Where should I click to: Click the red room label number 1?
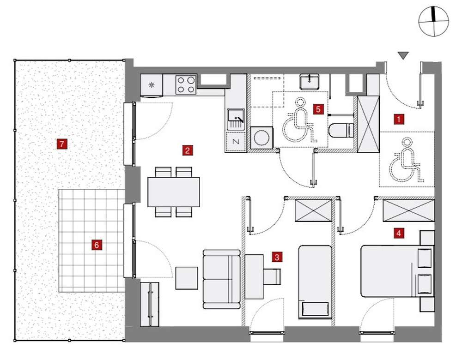pyautogui.click(x=399, y=120)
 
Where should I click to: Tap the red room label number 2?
pyautogui.click(x=188, y=151)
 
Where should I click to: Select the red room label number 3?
pyautogui.click(x=277, y=257)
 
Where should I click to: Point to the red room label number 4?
pyautogui.click(x=399, y=234)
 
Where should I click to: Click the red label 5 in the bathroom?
pyautogui.click(x=318, y=109)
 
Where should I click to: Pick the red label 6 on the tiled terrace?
pyautogui.click(x=97, y=245)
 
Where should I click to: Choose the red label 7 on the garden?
pyautogui.click(x=62, y=144)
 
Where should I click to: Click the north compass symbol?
pyautogui.click(x=433, y=22)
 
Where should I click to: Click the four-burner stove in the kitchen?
pyautogui.click(x=186, y=85)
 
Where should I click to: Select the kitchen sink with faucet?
pyautogui.click(x=236, y=119)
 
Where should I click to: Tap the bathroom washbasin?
pyautogui.click(x=310, y=82)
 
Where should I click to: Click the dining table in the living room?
pyautogui.click(x=174, y=192)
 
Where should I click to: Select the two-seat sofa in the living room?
pyautogui.click(x=222, y=279)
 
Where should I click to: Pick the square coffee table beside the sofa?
pyautogui.click(x=187, y=278)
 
